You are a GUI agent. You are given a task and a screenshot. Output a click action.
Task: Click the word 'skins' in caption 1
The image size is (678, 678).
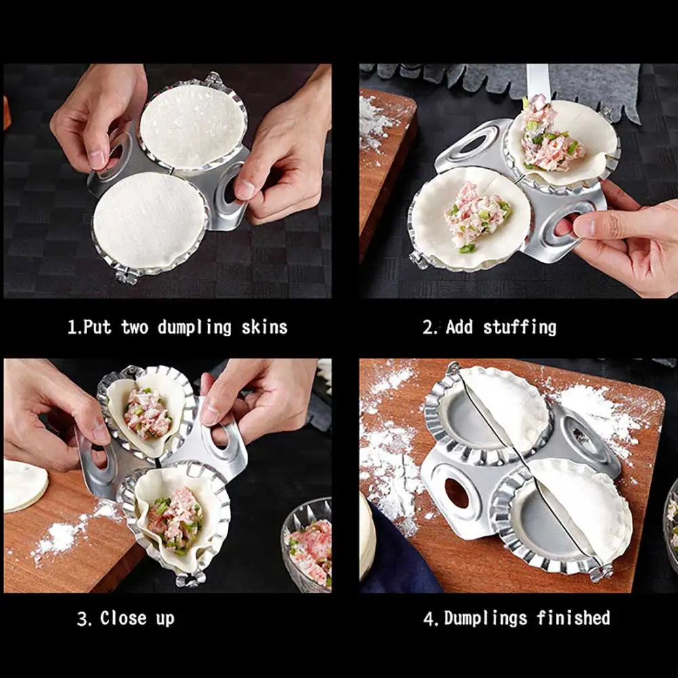(x=264, y=327)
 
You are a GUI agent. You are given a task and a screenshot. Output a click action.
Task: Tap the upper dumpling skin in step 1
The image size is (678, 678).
(x=193, y=125)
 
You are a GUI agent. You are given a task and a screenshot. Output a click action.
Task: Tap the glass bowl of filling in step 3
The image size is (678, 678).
(x=309, y=542)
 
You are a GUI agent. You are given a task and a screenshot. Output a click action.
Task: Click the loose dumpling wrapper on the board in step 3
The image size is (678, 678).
(x=24, y=484)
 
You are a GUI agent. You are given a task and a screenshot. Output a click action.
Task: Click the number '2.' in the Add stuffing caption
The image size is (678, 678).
(x=431, y=327)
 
